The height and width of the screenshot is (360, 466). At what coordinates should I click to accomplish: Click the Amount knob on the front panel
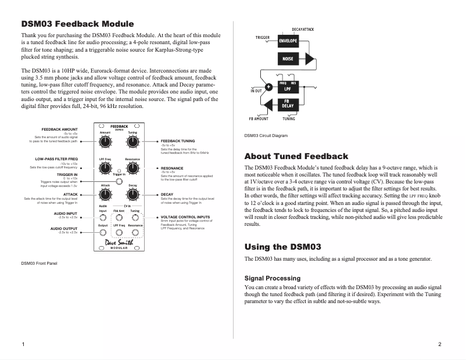(x=105, y=141)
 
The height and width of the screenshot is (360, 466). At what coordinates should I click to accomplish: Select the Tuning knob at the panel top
(x=132, y=141)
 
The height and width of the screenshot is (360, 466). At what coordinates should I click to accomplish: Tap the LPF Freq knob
(x=105, y=168)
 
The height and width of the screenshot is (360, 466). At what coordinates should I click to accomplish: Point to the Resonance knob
(x=132, y=168)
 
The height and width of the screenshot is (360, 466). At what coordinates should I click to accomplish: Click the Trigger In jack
(x=119, y=181)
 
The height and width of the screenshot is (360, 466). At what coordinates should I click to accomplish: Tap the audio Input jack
(x=103, y=218)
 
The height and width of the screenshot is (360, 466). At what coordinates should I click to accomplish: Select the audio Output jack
(x=103, y=232)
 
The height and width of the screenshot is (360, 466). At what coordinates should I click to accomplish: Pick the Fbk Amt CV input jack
(x=119, y=218)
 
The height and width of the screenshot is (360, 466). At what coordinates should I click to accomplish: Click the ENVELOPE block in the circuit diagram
(x=288, y=41)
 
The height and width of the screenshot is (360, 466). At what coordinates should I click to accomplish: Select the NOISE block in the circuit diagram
(x=288, y=59)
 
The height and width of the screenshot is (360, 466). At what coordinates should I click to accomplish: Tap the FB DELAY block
(x=288, y=105)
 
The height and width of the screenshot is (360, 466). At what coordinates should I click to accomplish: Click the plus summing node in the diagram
(x=268, y=88)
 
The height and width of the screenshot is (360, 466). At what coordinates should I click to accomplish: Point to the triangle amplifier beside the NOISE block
(x=309, y=59)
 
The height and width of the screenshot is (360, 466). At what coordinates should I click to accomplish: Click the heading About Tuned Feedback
(x=296, y=156)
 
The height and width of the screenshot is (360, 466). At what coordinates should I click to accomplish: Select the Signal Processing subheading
(x=272, y=278)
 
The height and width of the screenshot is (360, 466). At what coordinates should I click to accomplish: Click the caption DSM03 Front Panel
(x=39, y=263)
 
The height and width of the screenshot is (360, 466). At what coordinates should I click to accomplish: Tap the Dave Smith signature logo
(x=119, y=243)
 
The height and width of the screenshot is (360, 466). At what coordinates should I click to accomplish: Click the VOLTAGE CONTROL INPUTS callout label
(x=186, y=217)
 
